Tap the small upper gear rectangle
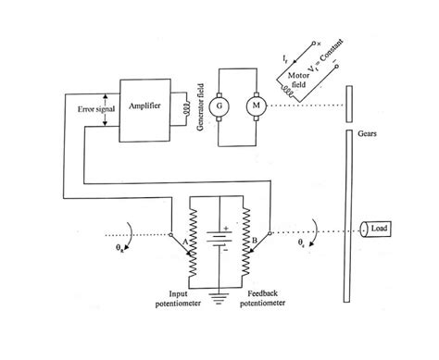tap(350, 103)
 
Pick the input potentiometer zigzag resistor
tap(194, 245)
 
